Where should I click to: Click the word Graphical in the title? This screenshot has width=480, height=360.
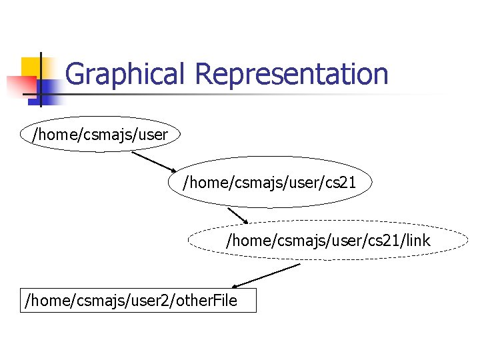[123, 74]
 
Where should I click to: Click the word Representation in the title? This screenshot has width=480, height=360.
[292, 74]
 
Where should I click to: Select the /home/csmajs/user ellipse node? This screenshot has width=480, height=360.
[101, 135]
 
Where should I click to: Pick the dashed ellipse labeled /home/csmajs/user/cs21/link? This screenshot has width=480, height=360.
[329, 240]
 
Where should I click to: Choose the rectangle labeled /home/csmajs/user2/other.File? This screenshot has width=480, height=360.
[138, 300]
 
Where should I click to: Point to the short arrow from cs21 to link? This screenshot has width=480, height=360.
[237, 215]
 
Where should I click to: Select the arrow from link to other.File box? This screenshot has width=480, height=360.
[266, 275]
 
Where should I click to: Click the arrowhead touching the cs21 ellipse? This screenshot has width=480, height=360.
[172, 171]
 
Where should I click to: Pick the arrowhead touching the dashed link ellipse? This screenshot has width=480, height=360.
[244, 222]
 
